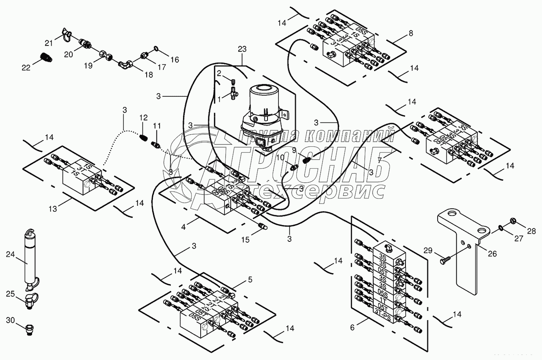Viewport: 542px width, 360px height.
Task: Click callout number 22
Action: [26, 68]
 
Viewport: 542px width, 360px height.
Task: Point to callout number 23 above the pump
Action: [242, 50]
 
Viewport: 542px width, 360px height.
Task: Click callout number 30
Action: [11, 320]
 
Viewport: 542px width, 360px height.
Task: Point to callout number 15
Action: [245, 240]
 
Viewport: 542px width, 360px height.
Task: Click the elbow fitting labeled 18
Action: [126, 62]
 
